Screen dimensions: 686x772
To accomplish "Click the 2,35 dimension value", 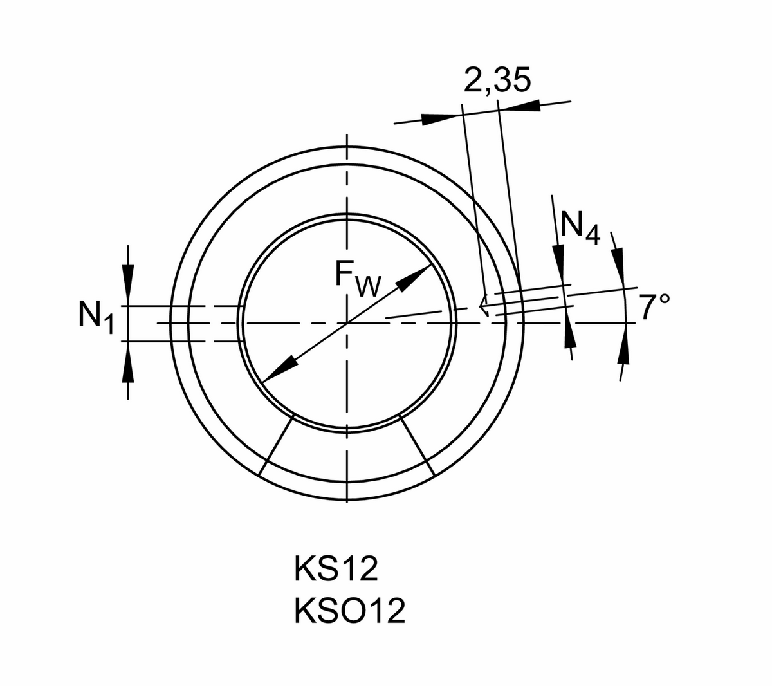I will click(x=497, y=80).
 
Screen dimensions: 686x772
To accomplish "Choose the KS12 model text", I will click(x=335, y=570).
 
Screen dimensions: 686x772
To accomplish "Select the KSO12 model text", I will click(x=350, y=610).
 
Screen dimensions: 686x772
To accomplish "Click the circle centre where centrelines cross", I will click(x=347, y=322).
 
